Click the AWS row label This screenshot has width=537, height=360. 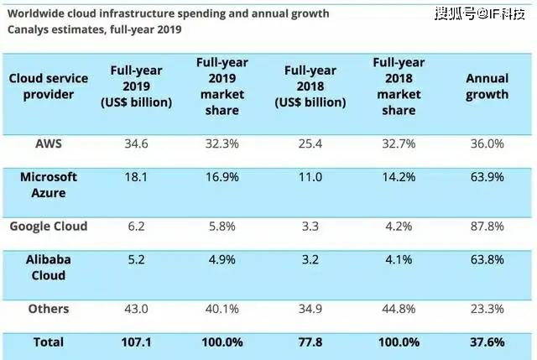(48, 143)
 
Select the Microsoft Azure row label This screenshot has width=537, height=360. (48, 184)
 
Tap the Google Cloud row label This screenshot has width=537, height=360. (48, 226)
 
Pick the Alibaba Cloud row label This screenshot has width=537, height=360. (48, 267)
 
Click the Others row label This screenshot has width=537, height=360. (48, 309)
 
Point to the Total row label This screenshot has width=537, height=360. (48, 343)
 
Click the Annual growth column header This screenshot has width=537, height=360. (487, 86)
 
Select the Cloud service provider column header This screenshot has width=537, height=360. (48, 86)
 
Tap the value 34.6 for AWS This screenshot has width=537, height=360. (135, 143)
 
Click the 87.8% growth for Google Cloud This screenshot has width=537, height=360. (487, 226)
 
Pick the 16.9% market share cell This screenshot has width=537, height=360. (222, 177)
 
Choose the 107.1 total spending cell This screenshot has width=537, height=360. (135, 343)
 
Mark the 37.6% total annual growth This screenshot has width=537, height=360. (487, 343)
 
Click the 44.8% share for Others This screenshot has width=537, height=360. (397, 309)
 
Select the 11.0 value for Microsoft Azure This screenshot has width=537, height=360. (310, 177)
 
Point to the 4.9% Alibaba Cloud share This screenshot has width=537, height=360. (222, 260)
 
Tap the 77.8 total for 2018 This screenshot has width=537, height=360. (310, 343)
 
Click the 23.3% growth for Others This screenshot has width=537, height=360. (487, 309)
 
